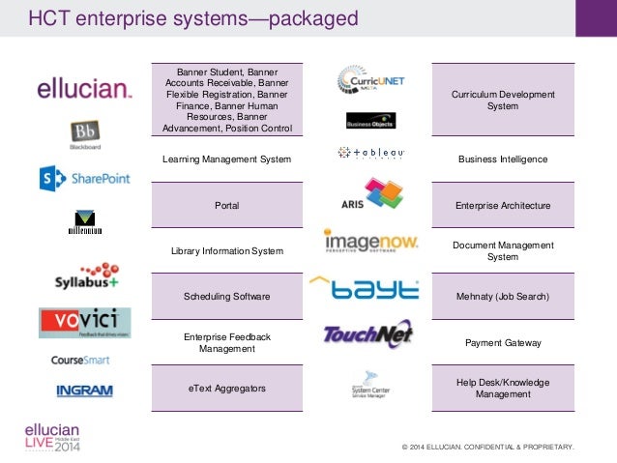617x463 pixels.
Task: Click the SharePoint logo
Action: [x=84, y=178]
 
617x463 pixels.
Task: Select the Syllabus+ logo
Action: [x=85, y=276]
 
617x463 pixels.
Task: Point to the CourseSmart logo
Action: [x=80, y=360]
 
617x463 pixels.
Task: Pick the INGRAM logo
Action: [x=84, y=391]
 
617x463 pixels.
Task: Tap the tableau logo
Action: [x=371, y=152]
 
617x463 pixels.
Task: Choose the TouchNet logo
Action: [x=367, y=334]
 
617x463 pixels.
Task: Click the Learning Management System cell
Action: [x=226, y=159]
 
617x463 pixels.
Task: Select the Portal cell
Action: [x=226, y=205]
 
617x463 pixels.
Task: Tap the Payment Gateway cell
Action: [x=503, y=342]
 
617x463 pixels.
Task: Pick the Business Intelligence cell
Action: [x=503, y=159]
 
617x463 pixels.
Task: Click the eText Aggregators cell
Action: [x=226, y=388]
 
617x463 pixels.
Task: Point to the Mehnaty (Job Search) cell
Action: [x=503, y=296]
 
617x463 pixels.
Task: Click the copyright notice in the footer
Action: [x=488, y=448]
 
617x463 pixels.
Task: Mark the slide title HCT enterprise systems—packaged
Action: [x=192, y=18]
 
